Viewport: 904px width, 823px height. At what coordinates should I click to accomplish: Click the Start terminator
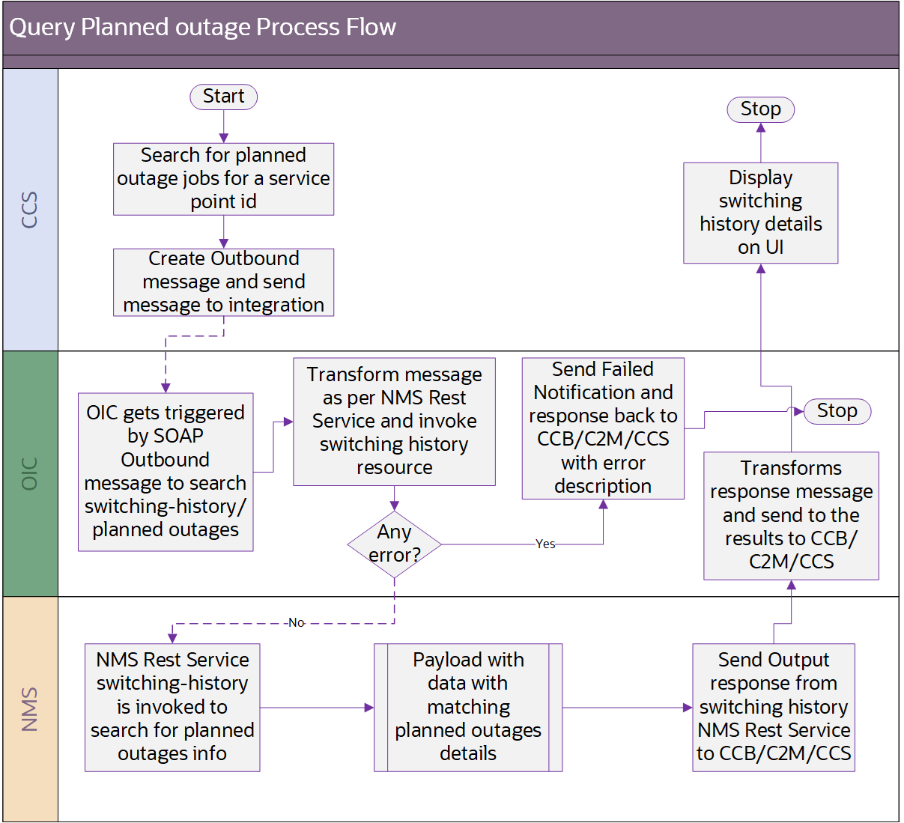pos(223,97)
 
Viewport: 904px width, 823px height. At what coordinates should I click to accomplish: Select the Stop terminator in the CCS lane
pos(760,109)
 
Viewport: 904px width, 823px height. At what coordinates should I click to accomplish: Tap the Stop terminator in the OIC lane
pos(837,411)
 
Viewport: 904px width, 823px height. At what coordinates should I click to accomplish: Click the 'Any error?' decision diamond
pos(394,544)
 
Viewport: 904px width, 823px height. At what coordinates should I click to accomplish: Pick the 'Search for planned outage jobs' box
pos(223,179)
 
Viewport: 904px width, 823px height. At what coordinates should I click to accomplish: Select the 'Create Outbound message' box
pos(223,282)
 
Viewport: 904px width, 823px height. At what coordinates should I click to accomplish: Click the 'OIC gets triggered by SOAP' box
pos(166,472)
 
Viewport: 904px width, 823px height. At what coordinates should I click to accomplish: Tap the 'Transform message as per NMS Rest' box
pos(394,421)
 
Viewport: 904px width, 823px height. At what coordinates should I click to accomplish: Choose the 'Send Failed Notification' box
pos(603,428)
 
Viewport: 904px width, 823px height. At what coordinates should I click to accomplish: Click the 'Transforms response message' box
pos(791,515)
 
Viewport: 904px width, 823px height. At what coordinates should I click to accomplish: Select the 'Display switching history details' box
pos(760,213)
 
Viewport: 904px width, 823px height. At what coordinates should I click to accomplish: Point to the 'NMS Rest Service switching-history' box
pos(172,707)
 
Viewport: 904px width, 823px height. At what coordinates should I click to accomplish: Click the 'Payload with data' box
pos(468,707)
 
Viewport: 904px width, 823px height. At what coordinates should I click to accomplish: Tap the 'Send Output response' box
pos(773,707)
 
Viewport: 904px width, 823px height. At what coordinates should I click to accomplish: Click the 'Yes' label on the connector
pos(545,544)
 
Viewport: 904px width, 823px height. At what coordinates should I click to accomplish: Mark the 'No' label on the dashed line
pos(296,623)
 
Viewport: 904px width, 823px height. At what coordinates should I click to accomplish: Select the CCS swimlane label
pos(30,210)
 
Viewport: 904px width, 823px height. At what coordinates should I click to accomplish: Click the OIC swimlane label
pos(30,473)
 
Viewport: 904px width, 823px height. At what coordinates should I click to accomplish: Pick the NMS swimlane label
pos(30,708)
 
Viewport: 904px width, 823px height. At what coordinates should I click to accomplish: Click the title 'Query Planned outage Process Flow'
pos(202,28)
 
